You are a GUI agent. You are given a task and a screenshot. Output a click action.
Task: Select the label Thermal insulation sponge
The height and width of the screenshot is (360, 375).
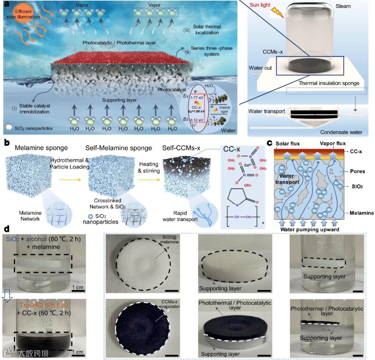coord(328,83)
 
